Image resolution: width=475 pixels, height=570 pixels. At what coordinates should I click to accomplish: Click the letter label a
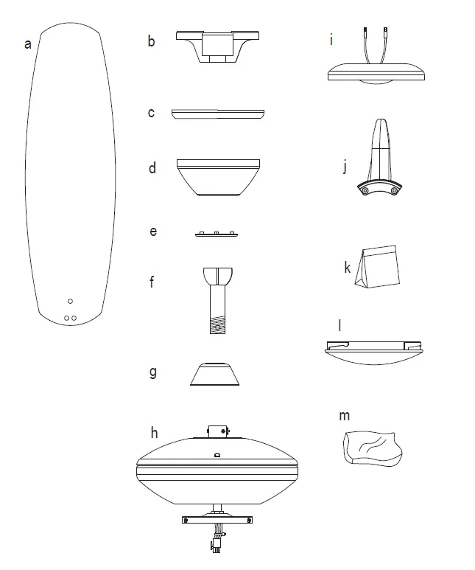(28, 44)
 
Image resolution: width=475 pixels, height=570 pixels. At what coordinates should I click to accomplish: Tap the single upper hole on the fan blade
(70, 301)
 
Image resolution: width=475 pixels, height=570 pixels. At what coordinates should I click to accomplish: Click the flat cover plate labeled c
(217, 114)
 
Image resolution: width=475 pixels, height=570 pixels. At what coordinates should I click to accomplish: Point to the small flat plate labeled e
(217, 234)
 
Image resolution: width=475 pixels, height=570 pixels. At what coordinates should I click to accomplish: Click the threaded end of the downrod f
(218, 324)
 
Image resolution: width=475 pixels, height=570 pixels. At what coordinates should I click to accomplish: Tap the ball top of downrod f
(217, 277)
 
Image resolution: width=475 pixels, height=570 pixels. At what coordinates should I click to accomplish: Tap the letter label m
(344, 416)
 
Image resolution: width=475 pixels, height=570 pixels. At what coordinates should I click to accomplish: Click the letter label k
(347, 267)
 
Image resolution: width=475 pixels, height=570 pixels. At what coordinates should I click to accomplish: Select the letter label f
(152, 281)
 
